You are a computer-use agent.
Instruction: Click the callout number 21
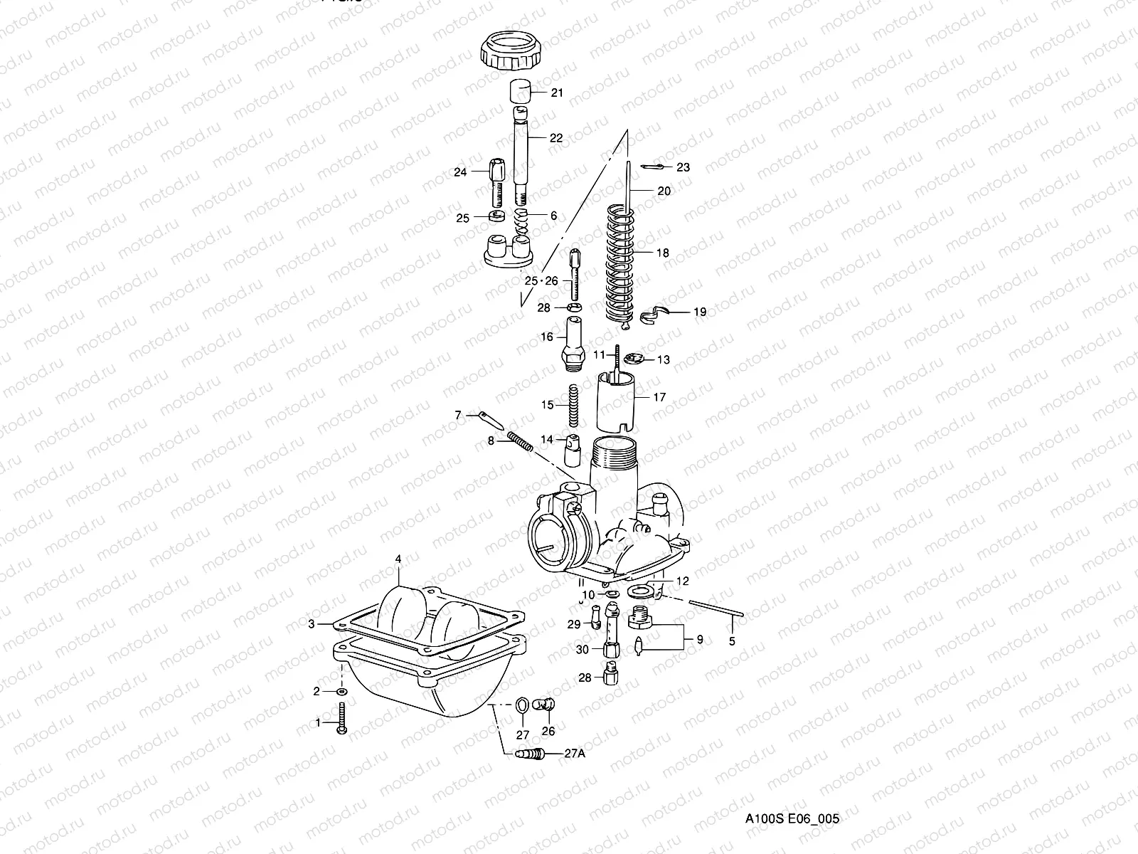pos(557,93)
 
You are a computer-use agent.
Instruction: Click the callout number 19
pos(700,312)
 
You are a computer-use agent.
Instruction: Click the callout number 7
pos(459,414)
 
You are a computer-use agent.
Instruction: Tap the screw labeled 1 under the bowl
pos(342,718)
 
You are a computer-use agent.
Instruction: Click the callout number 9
pos(699,639)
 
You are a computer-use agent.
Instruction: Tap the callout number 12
pos(682,581)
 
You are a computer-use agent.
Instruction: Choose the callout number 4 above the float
pos(398,560)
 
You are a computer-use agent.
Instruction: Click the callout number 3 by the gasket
pos(311,624)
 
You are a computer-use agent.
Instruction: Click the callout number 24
pos(460,172)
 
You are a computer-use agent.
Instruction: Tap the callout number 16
pos(546,337)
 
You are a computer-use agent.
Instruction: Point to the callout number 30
pos(583,649)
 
